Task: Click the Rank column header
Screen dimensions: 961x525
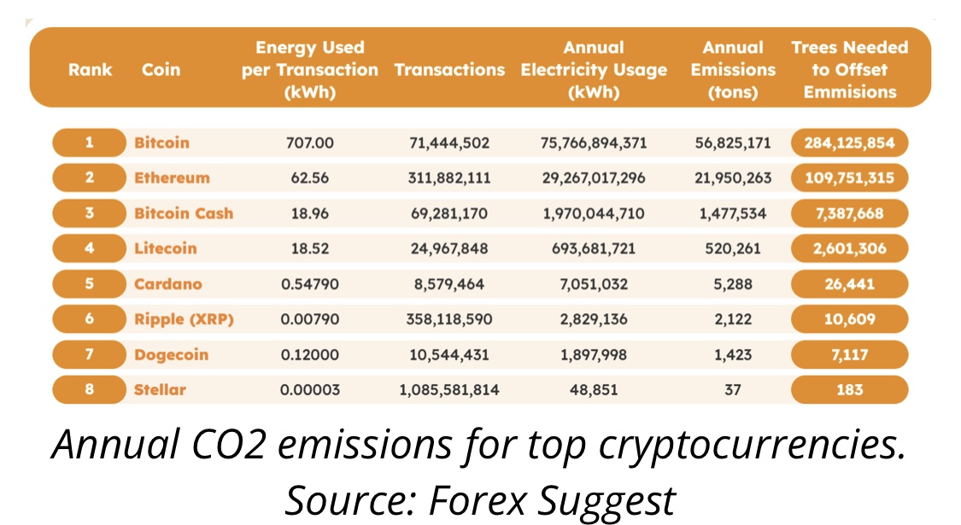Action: point(90,70)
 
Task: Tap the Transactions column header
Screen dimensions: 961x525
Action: point(449,70)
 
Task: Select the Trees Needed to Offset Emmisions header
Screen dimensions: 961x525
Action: point(849,70)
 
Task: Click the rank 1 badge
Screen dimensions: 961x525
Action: point(90,143)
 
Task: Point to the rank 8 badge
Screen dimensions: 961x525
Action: point(90,389)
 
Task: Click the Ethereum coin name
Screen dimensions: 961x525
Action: point(173,178)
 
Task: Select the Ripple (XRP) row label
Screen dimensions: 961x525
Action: point(184,320)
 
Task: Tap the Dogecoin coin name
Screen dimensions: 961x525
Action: point(172,355)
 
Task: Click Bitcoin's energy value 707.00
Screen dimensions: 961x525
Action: point(310,143)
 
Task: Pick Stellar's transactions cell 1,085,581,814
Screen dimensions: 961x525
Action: point(449,390)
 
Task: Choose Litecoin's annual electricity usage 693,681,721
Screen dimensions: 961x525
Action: point(594,248)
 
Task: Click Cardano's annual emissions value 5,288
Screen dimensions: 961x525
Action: point(733,284)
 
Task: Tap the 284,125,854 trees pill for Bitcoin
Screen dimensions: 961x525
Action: point(849,143)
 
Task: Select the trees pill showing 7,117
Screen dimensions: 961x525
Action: point(849,355)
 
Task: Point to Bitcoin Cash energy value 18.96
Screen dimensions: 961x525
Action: point(310,213)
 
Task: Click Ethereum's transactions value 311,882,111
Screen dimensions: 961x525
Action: point(449,178)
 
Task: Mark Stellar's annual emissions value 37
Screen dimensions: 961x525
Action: point(733,390)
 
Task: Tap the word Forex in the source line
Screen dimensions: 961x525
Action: point(478,500)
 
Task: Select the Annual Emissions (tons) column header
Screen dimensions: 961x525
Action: point(733,70)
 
